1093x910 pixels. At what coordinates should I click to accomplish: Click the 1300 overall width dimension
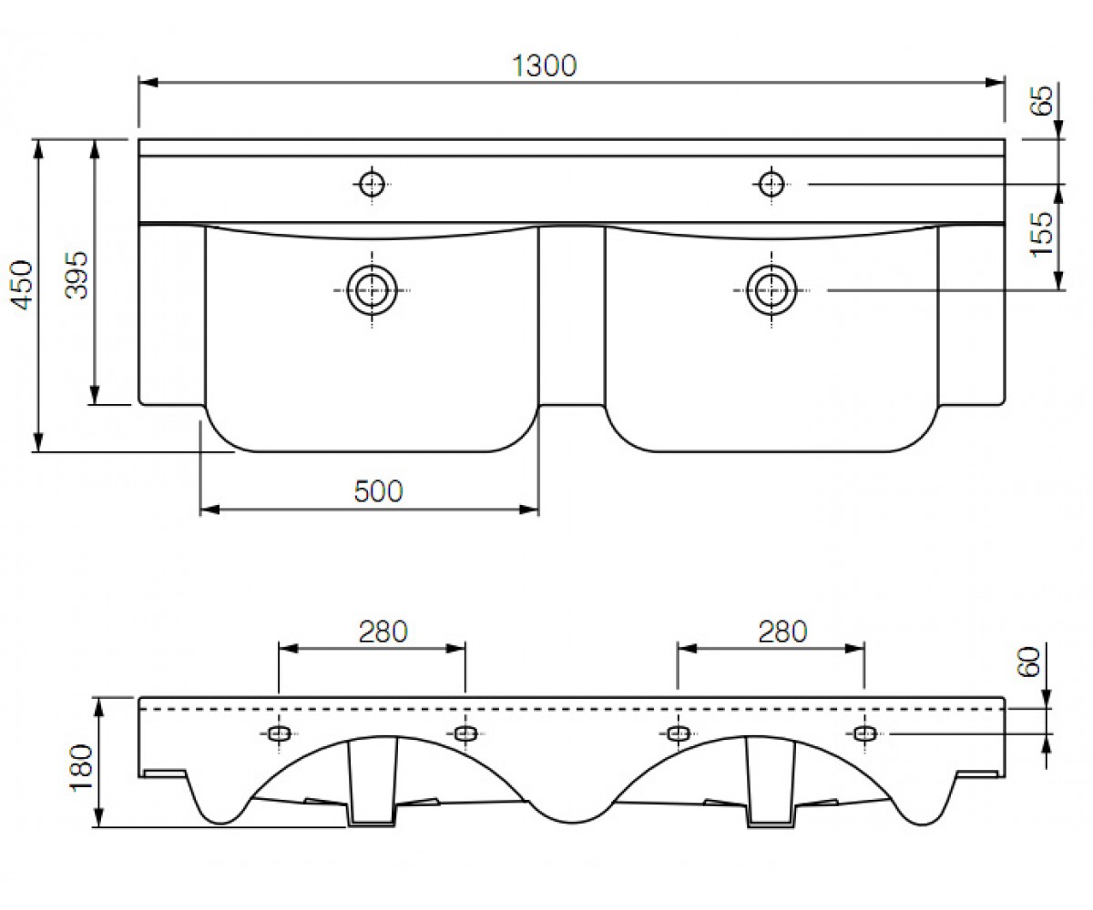[x=544, y=66]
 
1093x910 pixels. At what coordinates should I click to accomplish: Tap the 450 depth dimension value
[x=23, y=286]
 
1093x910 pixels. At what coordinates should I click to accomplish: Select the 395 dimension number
[x=77, y=275]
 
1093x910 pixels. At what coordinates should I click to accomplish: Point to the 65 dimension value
[x=1042, y=100]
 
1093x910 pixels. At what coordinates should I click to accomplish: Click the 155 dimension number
[x=1041, y=234]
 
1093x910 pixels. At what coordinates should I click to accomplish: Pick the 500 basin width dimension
[x=379, y=491]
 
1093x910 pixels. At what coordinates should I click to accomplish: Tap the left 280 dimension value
[x=383, y=632]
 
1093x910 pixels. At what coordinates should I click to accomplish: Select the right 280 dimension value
[x=783, y=632]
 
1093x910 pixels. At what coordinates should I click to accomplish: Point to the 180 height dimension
[x=81, y=768]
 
